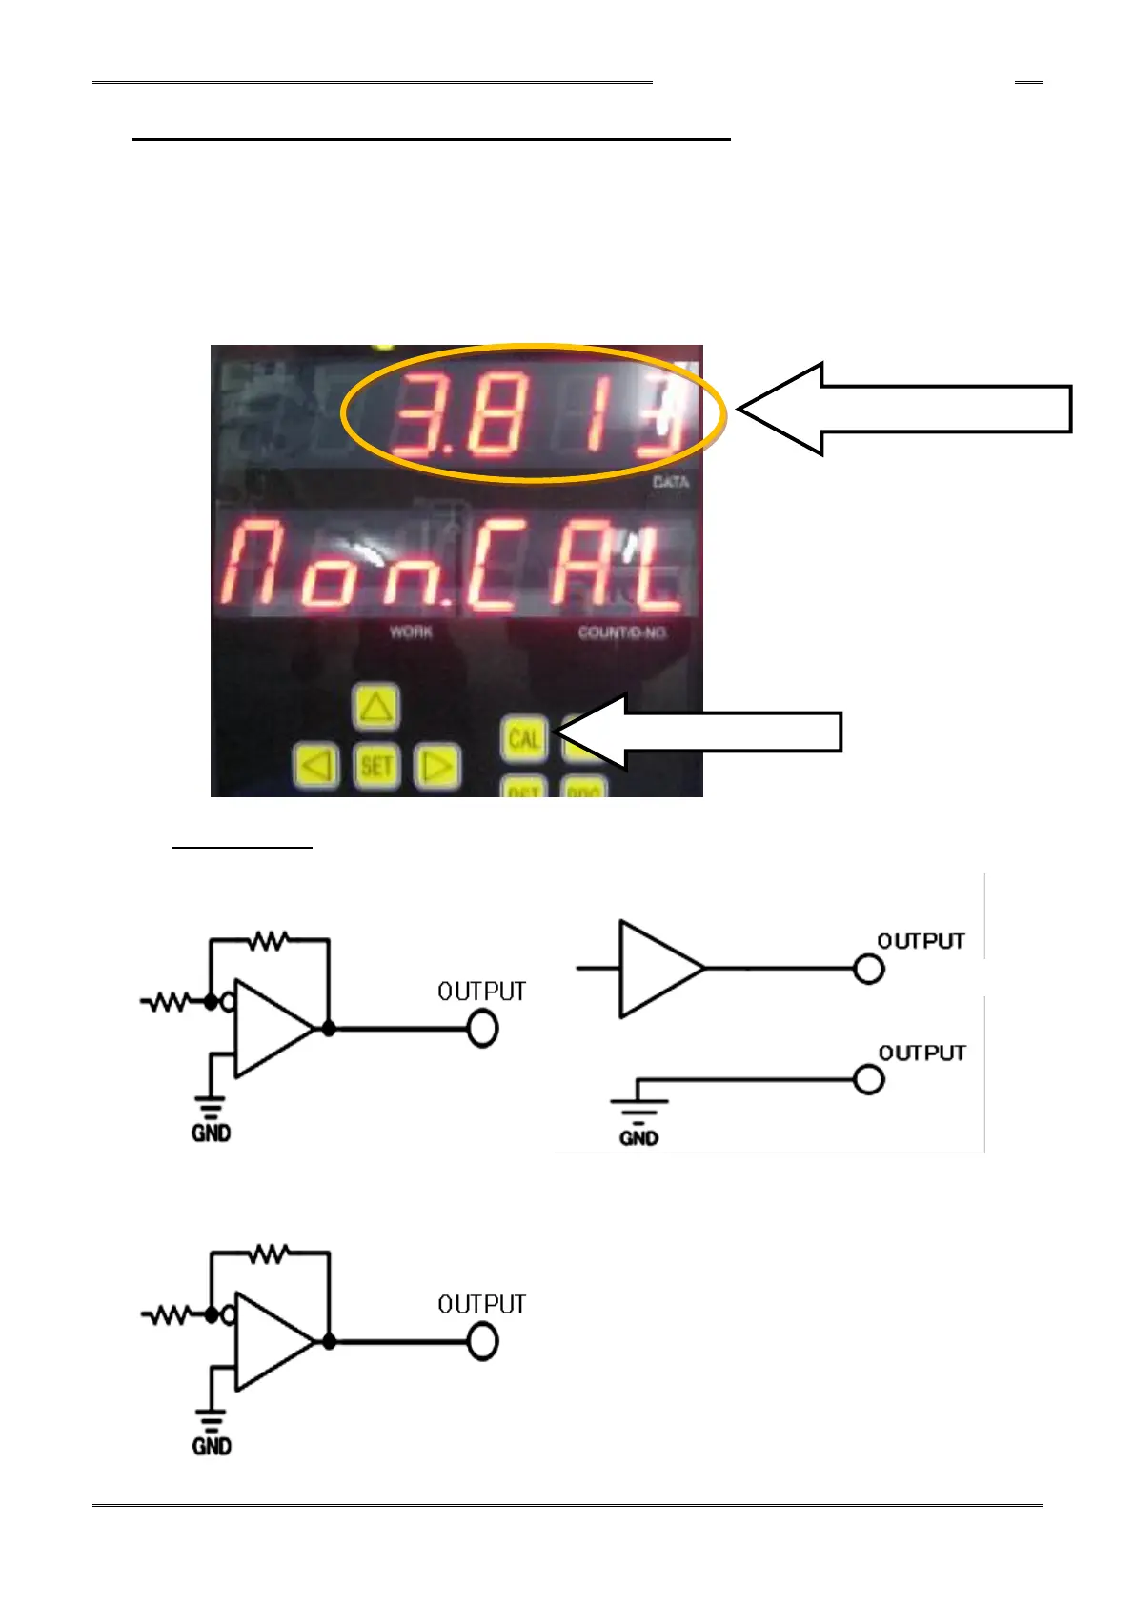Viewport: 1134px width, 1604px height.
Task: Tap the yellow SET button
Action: pyautogui.click(x=376, y=766)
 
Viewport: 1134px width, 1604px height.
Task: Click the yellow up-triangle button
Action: pyautogui.click(x=375, y=708)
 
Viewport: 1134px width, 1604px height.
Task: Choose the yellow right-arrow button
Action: pyautogui.click(x=437, y=766)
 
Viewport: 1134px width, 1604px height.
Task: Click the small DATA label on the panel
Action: pyautogui.click(x=670, y=482)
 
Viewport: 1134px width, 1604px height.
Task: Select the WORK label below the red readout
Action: pyautogui.click(x=411, y=632)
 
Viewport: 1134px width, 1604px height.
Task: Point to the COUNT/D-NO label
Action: pyautogui.click(x=621, y=632)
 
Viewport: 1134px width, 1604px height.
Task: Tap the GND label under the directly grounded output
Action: pyautogui.click(x=638, y=1138)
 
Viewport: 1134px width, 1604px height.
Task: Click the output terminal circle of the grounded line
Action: pyautogui.click(x=868, y=1080)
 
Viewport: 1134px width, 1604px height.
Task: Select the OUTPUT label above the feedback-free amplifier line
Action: pyautogui.click(x=921, y=941)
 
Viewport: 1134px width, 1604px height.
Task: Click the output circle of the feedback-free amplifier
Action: pyautogui.click(x=868, y=969)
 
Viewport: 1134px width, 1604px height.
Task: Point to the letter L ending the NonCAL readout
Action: pyautogui.click(x=658, y=570)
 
